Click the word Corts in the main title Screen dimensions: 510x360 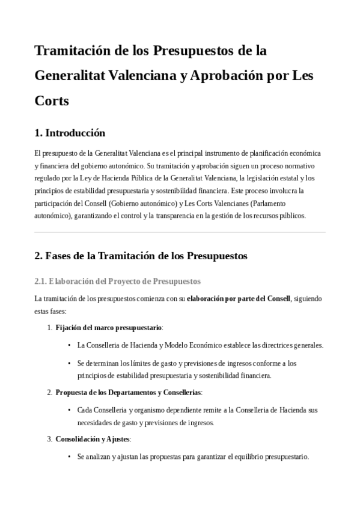52,100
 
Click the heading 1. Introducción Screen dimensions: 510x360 70,133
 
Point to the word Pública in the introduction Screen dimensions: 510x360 183,178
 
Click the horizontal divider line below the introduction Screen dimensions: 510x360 180,232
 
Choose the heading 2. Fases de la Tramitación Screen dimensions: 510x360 141,256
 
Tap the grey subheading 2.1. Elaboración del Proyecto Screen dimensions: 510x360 118,281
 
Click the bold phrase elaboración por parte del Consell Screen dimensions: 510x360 239,298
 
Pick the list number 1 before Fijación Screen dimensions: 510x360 49,328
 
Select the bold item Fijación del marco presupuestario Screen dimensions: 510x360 109,328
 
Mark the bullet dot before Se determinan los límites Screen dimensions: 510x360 70,363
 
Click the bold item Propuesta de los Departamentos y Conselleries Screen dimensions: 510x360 128,393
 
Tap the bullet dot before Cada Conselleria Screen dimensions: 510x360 70,410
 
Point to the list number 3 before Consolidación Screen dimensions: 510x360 49,439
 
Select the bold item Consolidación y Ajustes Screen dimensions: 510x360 93,439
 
